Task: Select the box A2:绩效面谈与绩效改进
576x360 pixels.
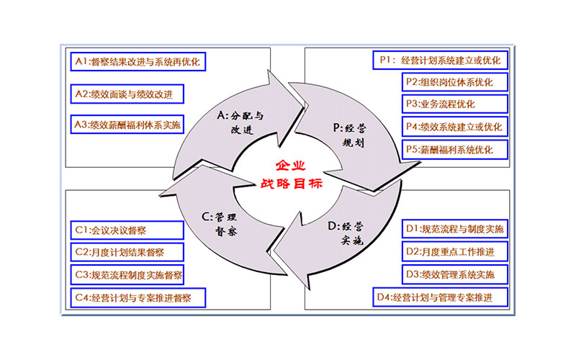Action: point(127,93)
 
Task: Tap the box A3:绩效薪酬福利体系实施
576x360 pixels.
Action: point(127,125)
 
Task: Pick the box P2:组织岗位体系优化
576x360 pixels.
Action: point(454,82)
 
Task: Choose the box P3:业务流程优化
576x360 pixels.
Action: point(454,104)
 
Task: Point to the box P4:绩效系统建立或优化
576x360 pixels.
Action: point(454,127)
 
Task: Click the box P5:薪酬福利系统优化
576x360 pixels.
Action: point(454,150)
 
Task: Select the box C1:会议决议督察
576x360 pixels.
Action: point(115,230)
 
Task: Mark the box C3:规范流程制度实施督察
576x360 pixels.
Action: point(127,274)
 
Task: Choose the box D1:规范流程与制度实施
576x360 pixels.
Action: point(454,230)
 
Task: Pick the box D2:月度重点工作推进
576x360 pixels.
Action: point(454,252)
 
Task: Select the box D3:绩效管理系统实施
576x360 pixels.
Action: point(454,274)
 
